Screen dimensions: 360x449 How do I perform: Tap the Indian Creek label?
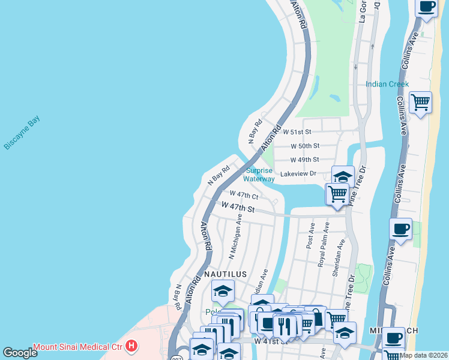(x=387, y=84)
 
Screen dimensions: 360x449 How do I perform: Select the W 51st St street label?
(x=298, y=131)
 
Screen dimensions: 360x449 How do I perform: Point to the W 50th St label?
(x=305, y=146)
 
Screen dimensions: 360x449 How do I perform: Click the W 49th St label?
(x=304, y=160)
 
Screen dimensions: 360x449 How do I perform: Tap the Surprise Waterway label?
(x=259, y=175)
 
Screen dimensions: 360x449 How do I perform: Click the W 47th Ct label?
(x=244, y=195)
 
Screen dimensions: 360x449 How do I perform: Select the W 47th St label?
(x=238, y=208)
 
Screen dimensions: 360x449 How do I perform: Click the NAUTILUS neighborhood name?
(x=225, y=274)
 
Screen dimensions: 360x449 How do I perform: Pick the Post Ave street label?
(x=310, y=236)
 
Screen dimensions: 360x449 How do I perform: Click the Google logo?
(x=20, y=353)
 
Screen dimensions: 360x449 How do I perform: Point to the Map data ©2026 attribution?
(x=424, y=355)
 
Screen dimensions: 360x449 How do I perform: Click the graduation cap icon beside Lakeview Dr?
(x=343, y=177)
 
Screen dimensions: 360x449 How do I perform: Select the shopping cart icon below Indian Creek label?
(x=420, y=103)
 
